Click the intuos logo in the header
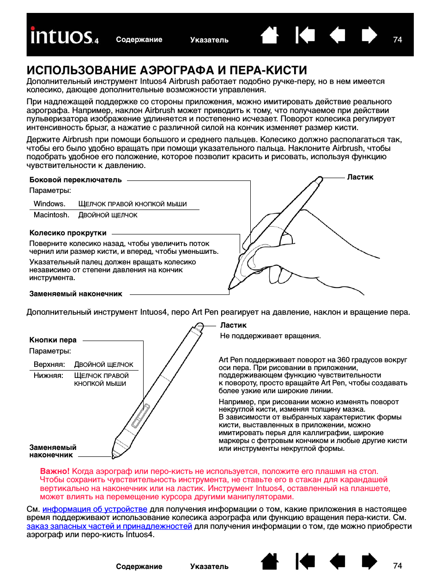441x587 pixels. [64, 36]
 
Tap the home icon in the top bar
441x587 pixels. [270, 35]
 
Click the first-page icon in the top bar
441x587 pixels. [305, 35]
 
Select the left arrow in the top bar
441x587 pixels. [338, 35]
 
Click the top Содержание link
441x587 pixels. [139, 40]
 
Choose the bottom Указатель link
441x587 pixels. [209, 567]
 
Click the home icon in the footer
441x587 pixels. [270, 561]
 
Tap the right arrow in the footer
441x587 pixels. [369, 561]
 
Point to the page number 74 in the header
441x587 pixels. [398, 40]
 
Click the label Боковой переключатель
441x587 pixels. [75, 180]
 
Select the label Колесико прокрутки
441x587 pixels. [68, 233]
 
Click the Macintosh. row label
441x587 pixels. [51, 215]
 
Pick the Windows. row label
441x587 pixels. [49, 204]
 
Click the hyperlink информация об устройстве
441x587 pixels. [95, 509]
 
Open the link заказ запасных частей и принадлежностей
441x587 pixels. [109, 526]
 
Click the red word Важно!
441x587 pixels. [54, 471]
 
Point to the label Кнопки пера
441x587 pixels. [53, 340]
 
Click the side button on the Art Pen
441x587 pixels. [140, 416]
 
